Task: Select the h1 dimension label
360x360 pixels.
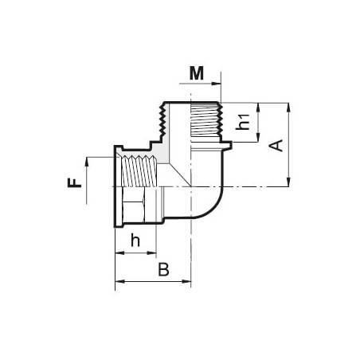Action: [x=245, y=122]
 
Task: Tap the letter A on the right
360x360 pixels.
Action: [x=276, y=144]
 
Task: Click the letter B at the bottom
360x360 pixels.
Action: [x=163, y=269]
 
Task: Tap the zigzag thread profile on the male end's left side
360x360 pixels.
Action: [x=166, y=124]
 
